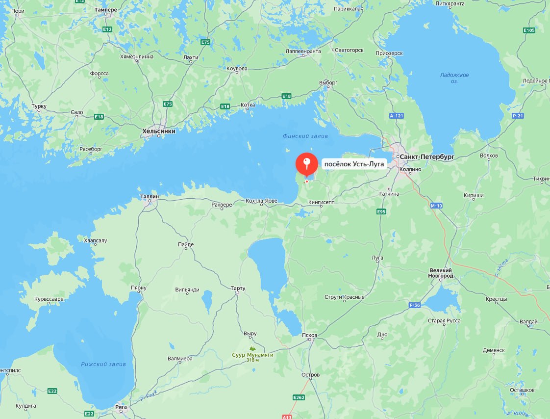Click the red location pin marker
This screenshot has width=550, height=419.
(307, 164)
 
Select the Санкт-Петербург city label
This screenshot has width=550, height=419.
(427, 157)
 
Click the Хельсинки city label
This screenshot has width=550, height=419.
(158, 131)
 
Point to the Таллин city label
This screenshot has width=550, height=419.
(150, 196)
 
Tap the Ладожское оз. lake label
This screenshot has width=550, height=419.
(454, 78)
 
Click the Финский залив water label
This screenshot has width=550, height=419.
(305, 136)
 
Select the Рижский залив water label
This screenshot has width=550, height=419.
(104, 364)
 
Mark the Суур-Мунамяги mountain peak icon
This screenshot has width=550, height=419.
(252, 348)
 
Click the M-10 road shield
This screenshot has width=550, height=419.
(436, 206)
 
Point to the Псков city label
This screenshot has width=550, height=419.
(310, 336)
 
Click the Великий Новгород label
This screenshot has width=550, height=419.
(441, 273)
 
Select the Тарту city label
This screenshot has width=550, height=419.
(238, 288)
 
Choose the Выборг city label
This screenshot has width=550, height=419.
(328, 83)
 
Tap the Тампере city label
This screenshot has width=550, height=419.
(106, 10)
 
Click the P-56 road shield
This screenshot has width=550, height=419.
(415, 305)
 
